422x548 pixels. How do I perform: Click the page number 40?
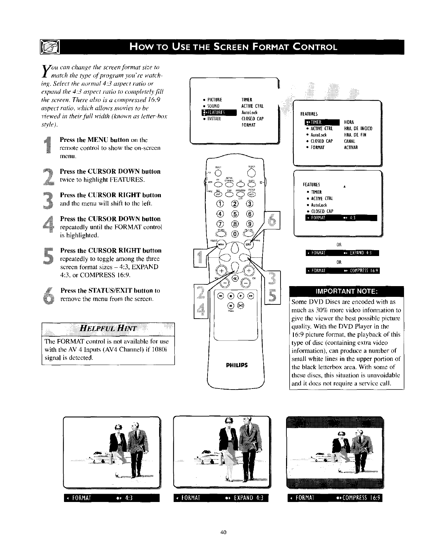pyautogui.click(x=223, y=532)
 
